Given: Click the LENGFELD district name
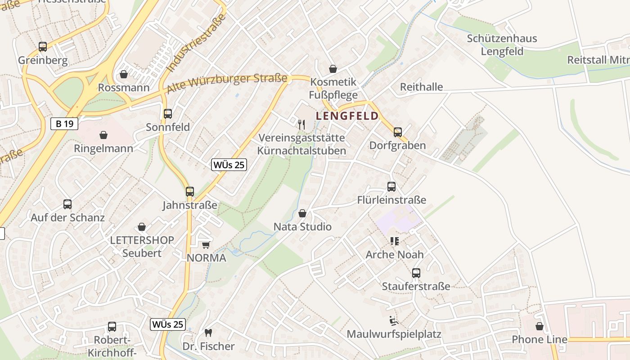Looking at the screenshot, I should click(x=347, y=116).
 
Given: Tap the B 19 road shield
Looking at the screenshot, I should click(x=64, y=124).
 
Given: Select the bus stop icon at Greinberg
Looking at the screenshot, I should click(x=43, y=46).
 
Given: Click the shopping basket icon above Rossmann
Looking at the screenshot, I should click(x=124, y=74).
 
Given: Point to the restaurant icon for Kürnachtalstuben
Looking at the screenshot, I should click(x=301, y=124).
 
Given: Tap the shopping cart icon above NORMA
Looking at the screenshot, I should click(x=206, y=244).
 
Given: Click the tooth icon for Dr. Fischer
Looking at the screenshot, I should click(x=208, y=333).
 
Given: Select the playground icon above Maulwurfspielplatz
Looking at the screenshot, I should click(x=394, y=321).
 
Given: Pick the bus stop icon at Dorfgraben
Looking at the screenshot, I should click(x=397, y=132).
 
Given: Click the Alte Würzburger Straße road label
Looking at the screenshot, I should click(x=227, y=84).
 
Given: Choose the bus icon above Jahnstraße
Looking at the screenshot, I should click(x=190, y=192).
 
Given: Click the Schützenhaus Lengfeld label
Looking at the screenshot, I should click(x=502, y=45).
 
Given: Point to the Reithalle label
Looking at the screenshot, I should click(x=421, y=87).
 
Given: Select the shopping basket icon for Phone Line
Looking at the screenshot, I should click(x=539, y=326).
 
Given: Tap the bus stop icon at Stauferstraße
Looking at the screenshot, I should click(x=416, y=273).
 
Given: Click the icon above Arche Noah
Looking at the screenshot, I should click(x=395, y=241).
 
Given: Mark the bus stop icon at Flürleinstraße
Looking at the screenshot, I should click(x=391, y=186).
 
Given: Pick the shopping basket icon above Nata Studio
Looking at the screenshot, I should click(x=302, y=213).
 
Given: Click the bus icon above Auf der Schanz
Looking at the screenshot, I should click(x=67, y=204).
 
